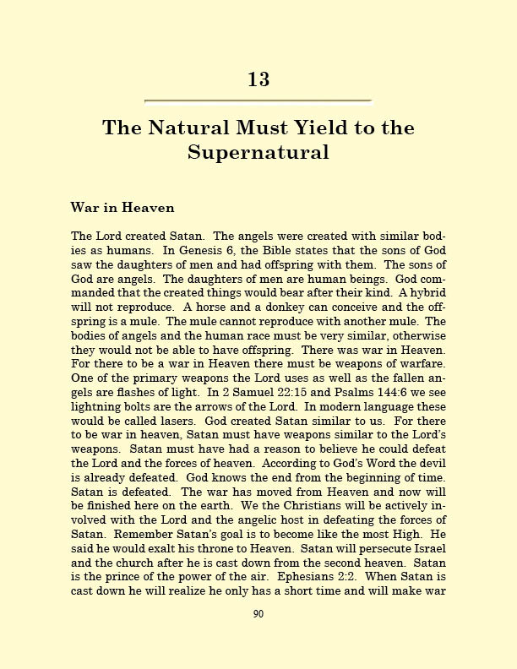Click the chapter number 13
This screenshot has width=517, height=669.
click(258, 79)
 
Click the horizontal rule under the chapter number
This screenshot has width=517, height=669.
click(258, 101)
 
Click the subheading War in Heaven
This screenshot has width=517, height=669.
click(122, 207)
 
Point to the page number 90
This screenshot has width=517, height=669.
click(258, 613)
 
